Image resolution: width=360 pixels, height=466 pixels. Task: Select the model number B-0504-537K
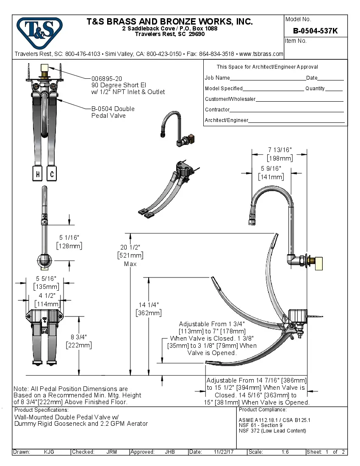pos(315,31)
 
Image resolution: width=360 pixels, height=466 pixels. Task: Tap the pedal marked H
pos(38,174)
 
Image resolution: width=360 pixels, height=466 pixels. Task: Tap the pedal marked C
pos(51,174)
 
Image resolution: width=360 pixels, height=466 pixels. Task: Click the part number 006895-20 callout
pos(107,79)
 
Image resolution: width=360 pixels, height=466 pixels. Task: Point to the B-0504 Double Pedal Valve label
pos(113,112)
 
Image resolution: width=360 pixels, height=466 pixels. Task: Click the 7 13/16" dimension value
pos(280,150)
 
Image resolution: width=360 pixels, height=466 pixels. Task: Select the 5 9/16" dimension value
pos(271,169)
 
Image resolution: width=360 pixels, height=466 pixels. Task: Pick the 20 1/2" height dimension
pos(130,247)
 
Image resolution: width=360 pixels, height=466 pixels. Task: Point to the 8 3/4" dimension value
pos(79,337)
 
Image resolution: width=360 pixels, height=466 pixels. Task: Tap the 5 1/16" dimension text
pos(69,238)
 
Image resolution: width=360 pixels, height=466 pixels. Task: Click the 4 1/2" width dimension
pos(47,296)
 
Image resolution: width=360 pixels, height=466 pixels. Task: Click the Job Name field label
pos(217,78)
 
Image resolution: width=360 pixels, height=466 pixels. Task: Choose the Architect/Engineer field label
pos(226,120)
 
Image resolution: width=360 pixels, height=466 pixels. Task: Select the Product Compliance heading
pos(263,410)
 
